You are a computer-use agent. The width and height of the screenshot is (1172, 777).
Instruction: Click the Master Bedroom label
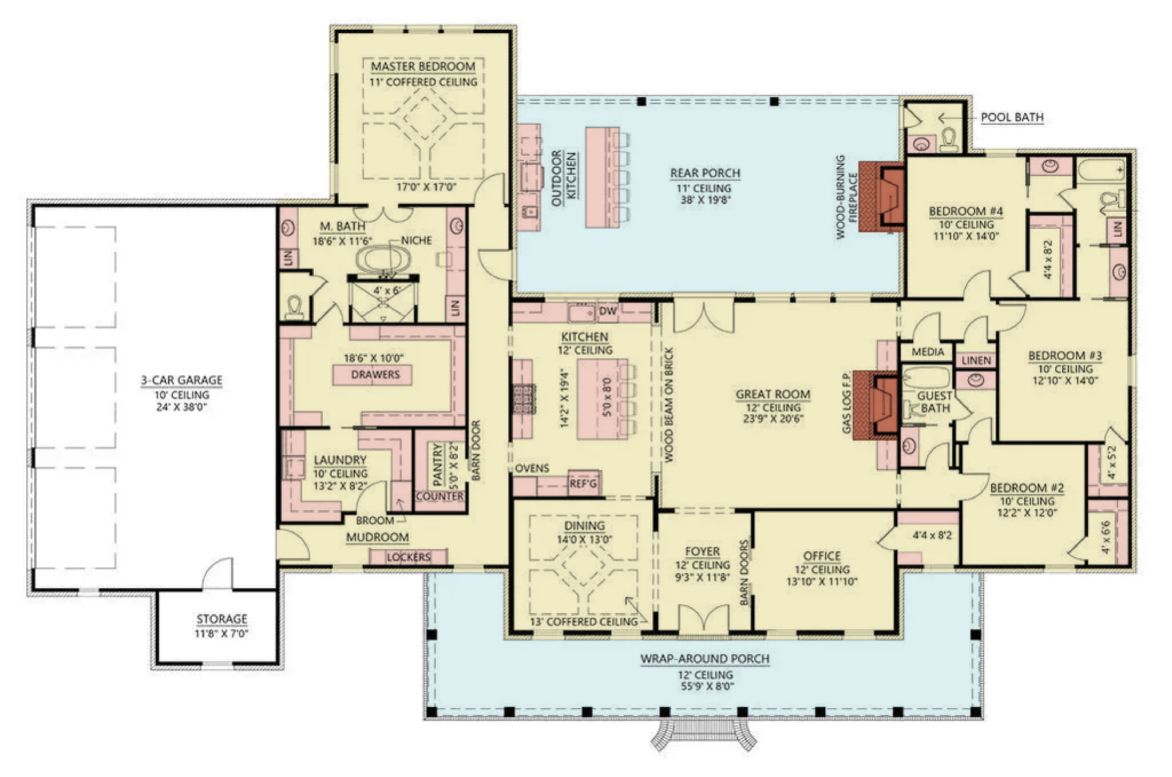[x=423, y=66]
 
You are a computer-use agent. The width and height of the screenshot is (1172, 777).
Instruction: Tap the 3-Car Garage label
[x=181, y=380]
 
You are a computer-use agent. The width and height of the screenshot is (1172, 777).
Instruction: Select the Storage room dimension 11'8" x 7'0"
[x=221, y=633]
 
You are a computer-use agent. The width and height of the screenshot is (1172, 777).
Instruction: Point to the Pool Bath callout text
[x=1012, y=117]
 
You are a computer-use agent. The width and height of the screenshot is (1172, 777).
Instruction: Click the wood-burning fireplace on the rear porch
[x=881, y=196]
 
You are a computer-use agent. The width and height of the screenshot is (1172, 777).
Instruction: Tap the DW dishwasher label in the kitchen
[x=608, y=311]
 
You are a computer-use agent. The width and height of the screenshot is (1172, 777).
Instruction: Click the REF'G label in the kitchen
[x=583, y=483]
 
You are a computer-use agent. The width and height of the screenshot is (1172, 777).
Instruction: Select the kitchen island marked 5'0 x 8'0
[x=603, y=399]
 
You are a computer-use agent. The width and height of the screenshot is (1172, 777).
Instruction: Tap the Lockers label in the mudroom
[x=408, y=557]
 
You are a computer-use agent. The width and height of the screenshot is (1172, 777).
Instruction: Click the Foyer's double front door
[x=703, y=619]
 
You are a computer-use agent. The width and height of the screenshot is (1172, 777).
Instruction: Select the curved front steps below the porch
[x=703, y=735]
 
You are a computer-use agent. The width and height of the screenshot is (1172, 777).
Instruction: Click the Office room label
[x=822, y=556]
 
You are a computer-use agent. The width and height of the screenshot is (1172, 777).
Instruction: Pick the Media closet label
[x=928, y=352]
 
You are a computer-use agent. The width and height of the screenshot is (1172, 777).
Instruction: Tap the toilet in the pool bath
[x=948, y=140]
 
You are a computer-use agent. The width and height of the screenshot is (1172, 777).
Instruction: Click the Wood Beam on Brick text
[x=668, y=405]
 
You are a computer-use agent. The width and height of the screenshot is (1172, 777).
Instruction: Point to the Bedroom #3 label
[x=1064, y=355]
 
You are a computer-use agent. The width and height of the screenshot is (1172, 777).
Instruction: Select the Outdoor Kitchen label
[x=564, y=175]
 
